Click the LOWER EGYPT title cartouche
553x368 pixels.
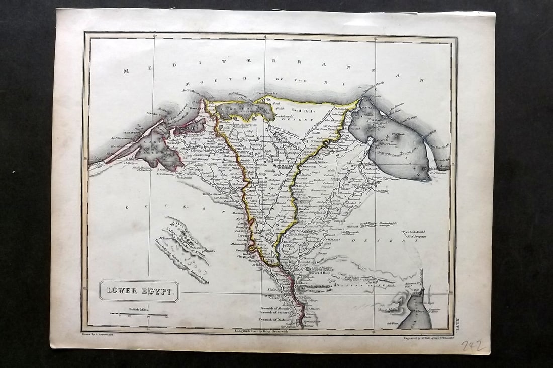click(139, 291)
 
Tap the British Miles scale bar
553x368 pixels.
click(139, 314)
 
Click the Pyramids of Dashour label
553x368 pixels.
click(274, 319)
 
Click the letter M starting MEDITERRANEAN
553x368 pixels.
click(126, 71)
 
